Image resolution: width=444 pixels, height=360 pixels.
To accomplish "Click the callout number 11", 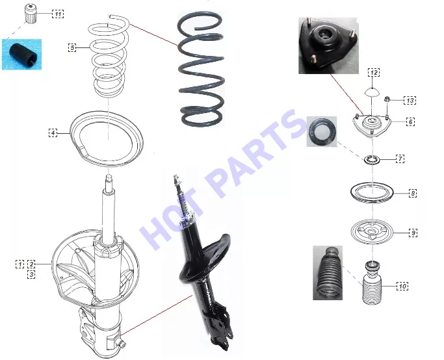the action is pos(58,14).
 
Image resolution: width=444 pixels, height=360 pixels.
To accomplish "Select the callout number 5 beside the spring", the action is pos(72,47).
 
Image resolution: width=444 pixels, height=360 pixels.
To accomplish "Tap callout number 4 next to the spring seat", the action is pos(53,133).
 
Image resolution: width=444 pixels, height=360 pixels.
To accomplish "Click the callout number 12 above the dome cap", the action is pos(374,72).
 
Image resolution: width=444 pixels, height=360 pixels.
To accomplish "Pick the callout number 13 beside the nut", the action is pos(410,100).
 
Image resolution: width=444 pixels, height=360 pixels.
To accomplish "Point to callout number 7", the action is pos(400,159).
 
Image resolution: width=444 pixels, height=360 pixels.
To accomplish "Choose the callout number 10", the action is pos(402,286).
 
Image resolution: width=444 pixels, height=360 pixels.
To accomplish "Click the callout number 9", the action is pos(413,233).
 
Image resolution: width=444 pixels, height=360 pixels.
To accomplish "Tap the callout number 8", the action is pos(413,194).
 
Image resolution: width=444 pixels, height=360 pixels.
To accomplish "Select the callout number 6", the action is pos(411,122).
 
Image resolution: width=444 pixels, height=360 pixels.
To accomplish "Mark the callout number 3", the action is pos(31,274).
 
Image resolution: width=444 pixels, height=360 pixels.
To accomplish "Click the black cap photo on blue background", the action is pos(22,55).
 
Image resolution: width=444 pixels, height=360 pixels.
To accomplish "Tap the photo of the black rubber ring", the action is pos(322,132).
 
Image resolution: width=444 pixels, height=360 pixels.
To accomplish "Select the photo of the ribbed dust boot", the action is pos(328,273).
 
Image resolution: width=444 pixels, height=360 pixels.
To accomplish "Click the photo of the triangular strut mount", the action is pos(328,46).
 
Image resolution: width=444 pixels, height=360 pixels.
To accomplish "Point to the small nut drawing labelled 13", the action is pos(387,99).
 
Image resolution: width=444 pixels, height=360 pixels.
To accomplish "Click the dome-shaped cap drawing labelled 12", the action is pos(371,92).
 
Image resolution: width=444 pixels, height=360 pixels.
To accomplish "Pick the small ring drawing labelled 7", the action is pos(371,160).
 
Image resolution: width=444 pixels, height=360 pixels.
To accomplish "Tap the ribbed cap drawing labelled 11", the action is pos(30,14).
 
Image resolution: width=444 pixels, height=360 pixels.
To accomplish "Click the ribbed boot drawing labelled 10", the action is pos(372,283).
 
